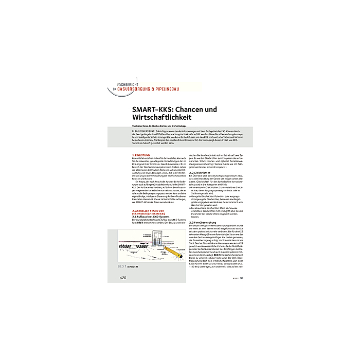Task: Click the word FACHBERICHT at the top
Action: pyautogui.click(x=130, y=84)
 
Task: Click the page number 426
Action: pyautogui.click(x=122, y=277)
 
